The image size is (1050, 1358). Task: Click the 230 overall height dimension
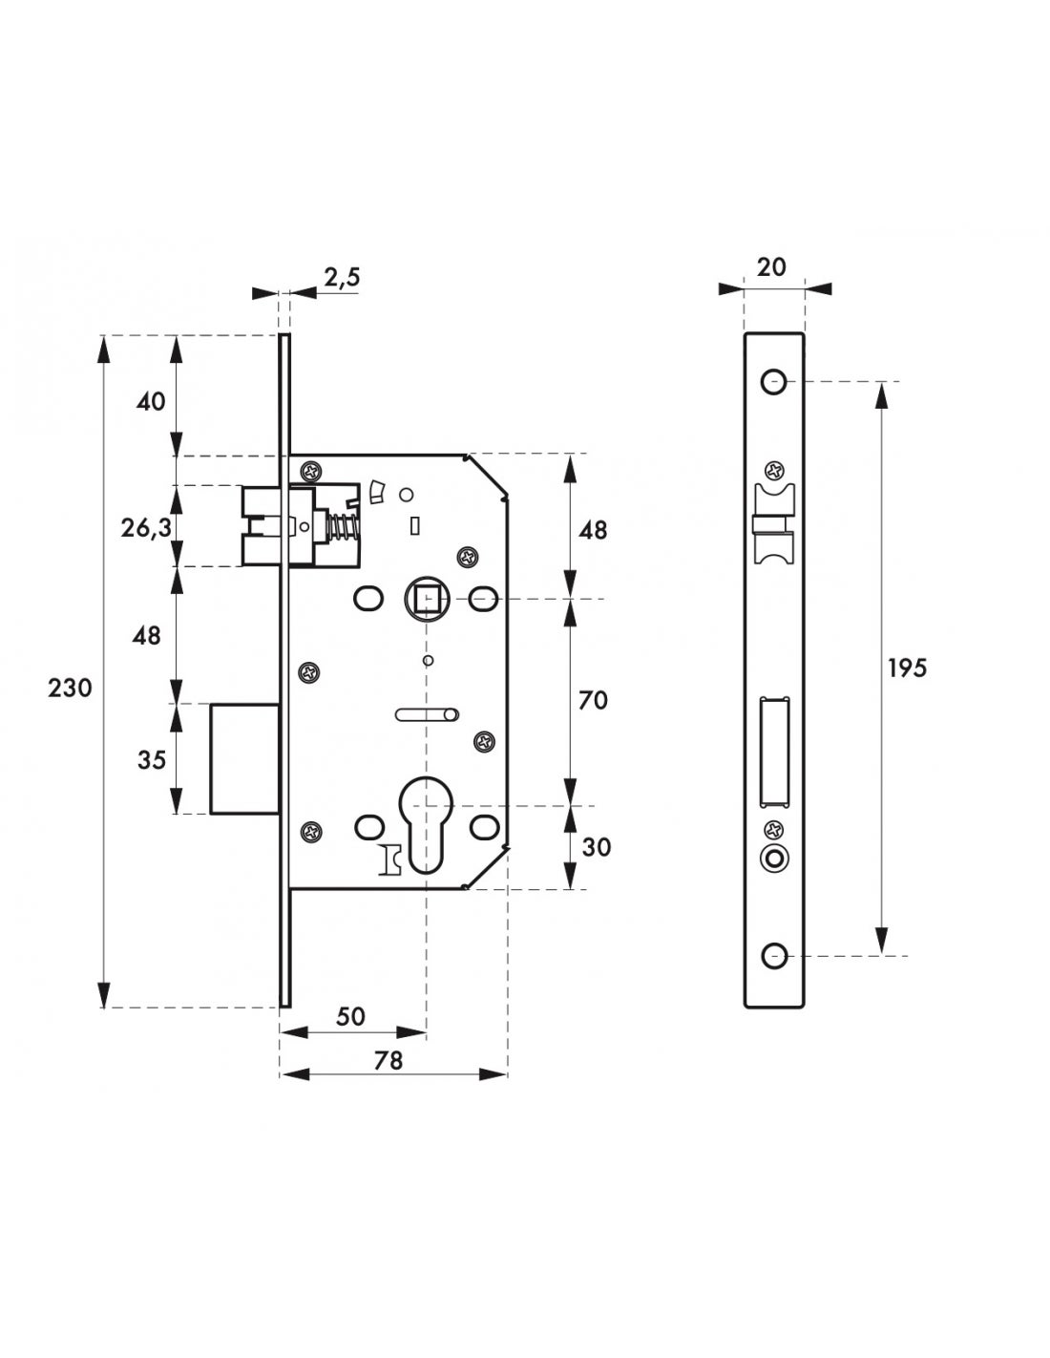[x=70, y=688]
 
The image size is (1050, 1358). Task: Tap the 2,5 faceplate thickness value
[x=341, y=278]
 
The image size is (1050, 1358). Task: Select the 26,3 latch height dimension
[x=147, y=526]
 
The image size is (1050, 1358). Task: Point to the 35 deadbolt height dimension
[x=151, y=760]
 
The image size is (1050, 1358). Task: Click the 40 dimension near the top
[x=151, y=401]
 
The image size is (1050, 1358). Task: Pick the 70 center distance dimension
[x=593, y=701]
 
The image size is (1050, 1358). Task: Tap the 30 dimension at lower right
[x=596, y=847]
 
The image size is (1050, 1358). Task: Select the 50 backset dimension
[x=351, y=1016]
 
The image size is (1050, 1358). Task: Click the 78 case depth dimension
[x=388, y=1060]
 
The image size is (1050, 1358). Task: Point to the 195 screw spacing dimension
[x=906, y=668]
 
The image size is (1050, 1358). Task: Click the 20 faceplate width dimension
[x=771, y=267]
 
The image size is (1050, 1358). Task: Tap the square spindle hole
[x=425, y=600]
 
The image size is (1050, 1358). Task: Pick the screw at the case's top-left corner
[x=311, y=471]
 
